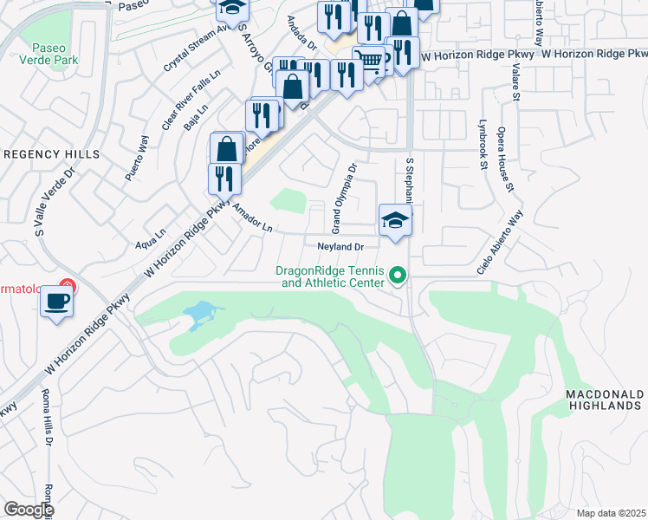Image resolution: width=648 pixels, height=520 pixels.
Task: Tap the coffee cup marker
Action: tap(57, 302)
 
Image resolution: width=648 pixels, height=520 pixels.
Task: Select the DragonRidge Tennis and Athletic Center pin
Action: tap(399, 276)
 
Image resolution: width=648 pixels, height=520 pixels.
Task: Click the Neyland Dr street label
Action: tap(339, 247)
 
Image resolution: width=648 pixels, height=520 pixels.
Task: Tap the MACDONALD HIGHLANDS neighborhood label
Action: tap(604, 400)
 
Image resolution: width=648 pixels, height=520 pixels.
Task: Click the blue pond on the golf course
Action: tap(198, 312)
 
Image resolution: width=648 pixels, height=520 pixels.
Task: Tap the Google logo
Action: tap(28, 510)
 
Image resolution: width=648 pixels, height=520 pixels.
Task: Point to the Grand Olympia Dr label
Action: tap(344, 198)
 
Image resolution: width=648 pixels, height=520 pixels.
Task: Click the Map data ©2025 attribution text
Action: tap(611, 513)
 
